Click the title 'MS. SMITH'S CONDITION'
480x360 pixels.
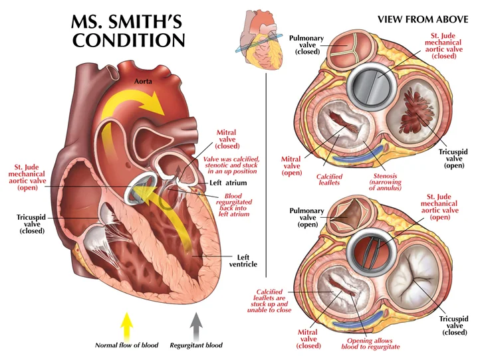click(x=128, y=31)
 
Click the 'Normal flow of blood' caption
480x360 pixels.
click(x=127, y=345)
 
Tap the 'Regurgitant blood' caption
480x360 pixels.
click(x=196, y=345)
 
